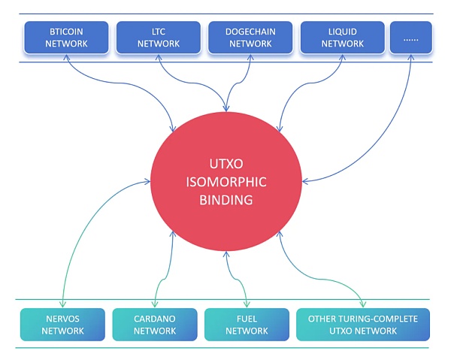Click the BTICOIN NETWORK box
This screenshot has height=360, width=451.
pyautogui.click(x=67, y=38)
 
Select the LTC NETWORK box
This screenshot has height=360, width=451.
pyautogui.click(x=159, y=38)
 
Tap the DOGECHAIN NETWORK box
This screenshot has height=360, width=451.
pyautogui.click(x=250, y=38)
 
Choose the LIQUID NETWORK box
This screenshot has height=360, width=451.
pyautogui.click(x=342, y=38)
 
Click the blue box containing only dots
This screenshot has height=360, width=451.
pyautogui.click(x=410, y=38)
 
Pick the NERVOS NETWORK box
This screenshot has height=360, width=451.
pyautogui.click(x=62, y=325)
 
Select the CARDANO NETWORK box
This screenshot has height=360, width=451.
pyautogui.click(x=154, y=325)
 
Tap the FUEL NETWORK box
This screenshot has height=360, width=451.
pyautogui.click(x=246, y=325)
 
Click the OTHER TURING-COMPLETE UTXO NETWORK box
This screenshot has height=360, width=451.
pyautogui.click(x=363, y=325)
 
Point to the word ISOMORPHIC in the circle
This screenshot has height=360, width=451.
pyautogui.click(x=225, y=183)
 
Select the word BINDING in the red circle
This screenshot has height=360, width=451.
pyautogui.click(x=225, y=201)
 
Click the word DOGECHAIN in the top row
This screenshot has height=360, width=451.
pyautogui.click(x=250, y=32)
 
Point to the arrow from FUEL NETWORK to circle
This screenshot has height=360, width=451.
pyautogui.click(x=232, y=278)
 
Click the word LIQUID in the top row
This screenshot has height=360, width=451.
pyautogui.click(x=342, y=32)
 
